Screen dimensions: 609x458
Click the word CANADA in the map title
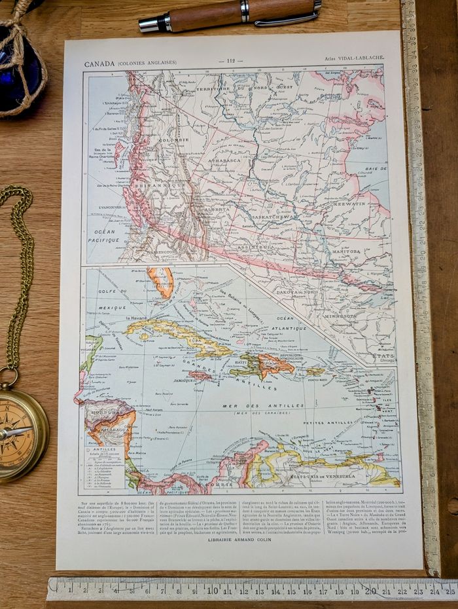click(99, 64)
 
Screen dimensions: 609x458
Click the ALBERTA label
click(217, 210)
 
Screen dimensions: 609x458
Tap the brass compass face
click(16, 432)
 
